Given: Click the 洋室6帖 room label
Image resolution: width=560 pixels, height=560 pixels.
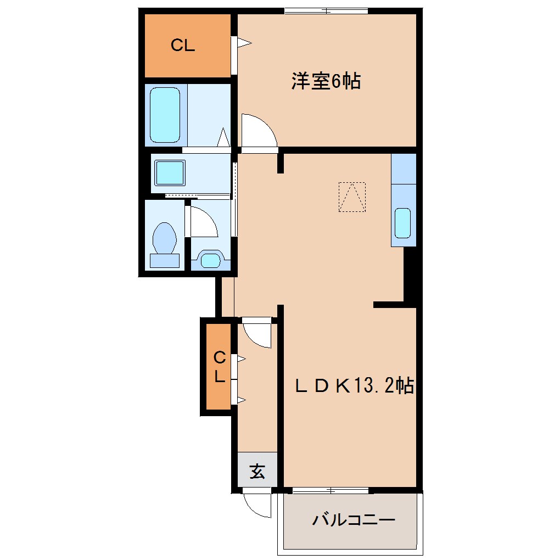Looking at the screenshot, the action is (326, 81).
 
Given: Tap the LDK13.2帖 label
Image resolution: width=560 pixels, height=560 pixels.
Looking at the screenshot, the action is (354, 386).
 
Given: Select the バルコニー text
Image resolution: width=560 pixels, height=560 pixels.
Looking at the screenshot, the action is (354, 519).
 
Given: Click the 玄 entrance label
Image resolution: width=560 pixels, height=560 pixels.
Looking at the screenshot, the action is (257, 471).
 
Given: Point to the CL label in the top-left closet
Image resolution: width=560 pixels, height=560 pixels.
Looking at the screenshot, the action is (183, 46).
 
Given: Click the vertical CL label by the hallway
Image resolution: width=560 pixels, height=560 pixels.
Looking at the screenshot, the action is (220, 367).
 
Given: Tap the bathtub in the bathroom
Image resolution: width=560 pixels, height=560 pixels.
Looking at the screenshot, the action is (165, 115).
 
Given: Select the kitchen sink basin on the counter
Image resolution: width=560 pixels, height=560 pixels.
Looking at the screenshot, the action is (403, 223).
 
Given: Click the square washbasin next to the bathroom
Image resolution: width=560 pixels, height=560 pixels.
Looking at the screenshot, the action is (170, 173).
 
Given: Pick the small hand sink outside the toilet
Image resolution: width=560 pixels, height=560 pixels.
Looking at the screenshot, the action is (211, 260).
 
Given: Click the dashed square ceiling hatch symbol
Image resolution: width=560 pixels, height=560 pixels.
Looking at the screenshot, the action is (352, 197).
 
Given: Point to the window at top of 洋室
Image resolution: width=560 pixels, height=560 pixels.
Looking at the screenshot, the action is (326, 11).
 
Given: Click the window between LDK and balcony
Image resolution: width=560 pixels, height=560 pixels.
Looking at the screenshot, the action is (331, 490).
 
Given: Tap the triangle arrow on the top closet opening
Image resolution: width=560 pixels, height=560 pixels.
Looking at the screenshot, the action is (245, 43).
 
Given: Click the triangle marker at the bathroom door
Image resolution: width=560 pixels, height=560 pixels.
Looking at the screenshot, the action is (224, 137).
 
